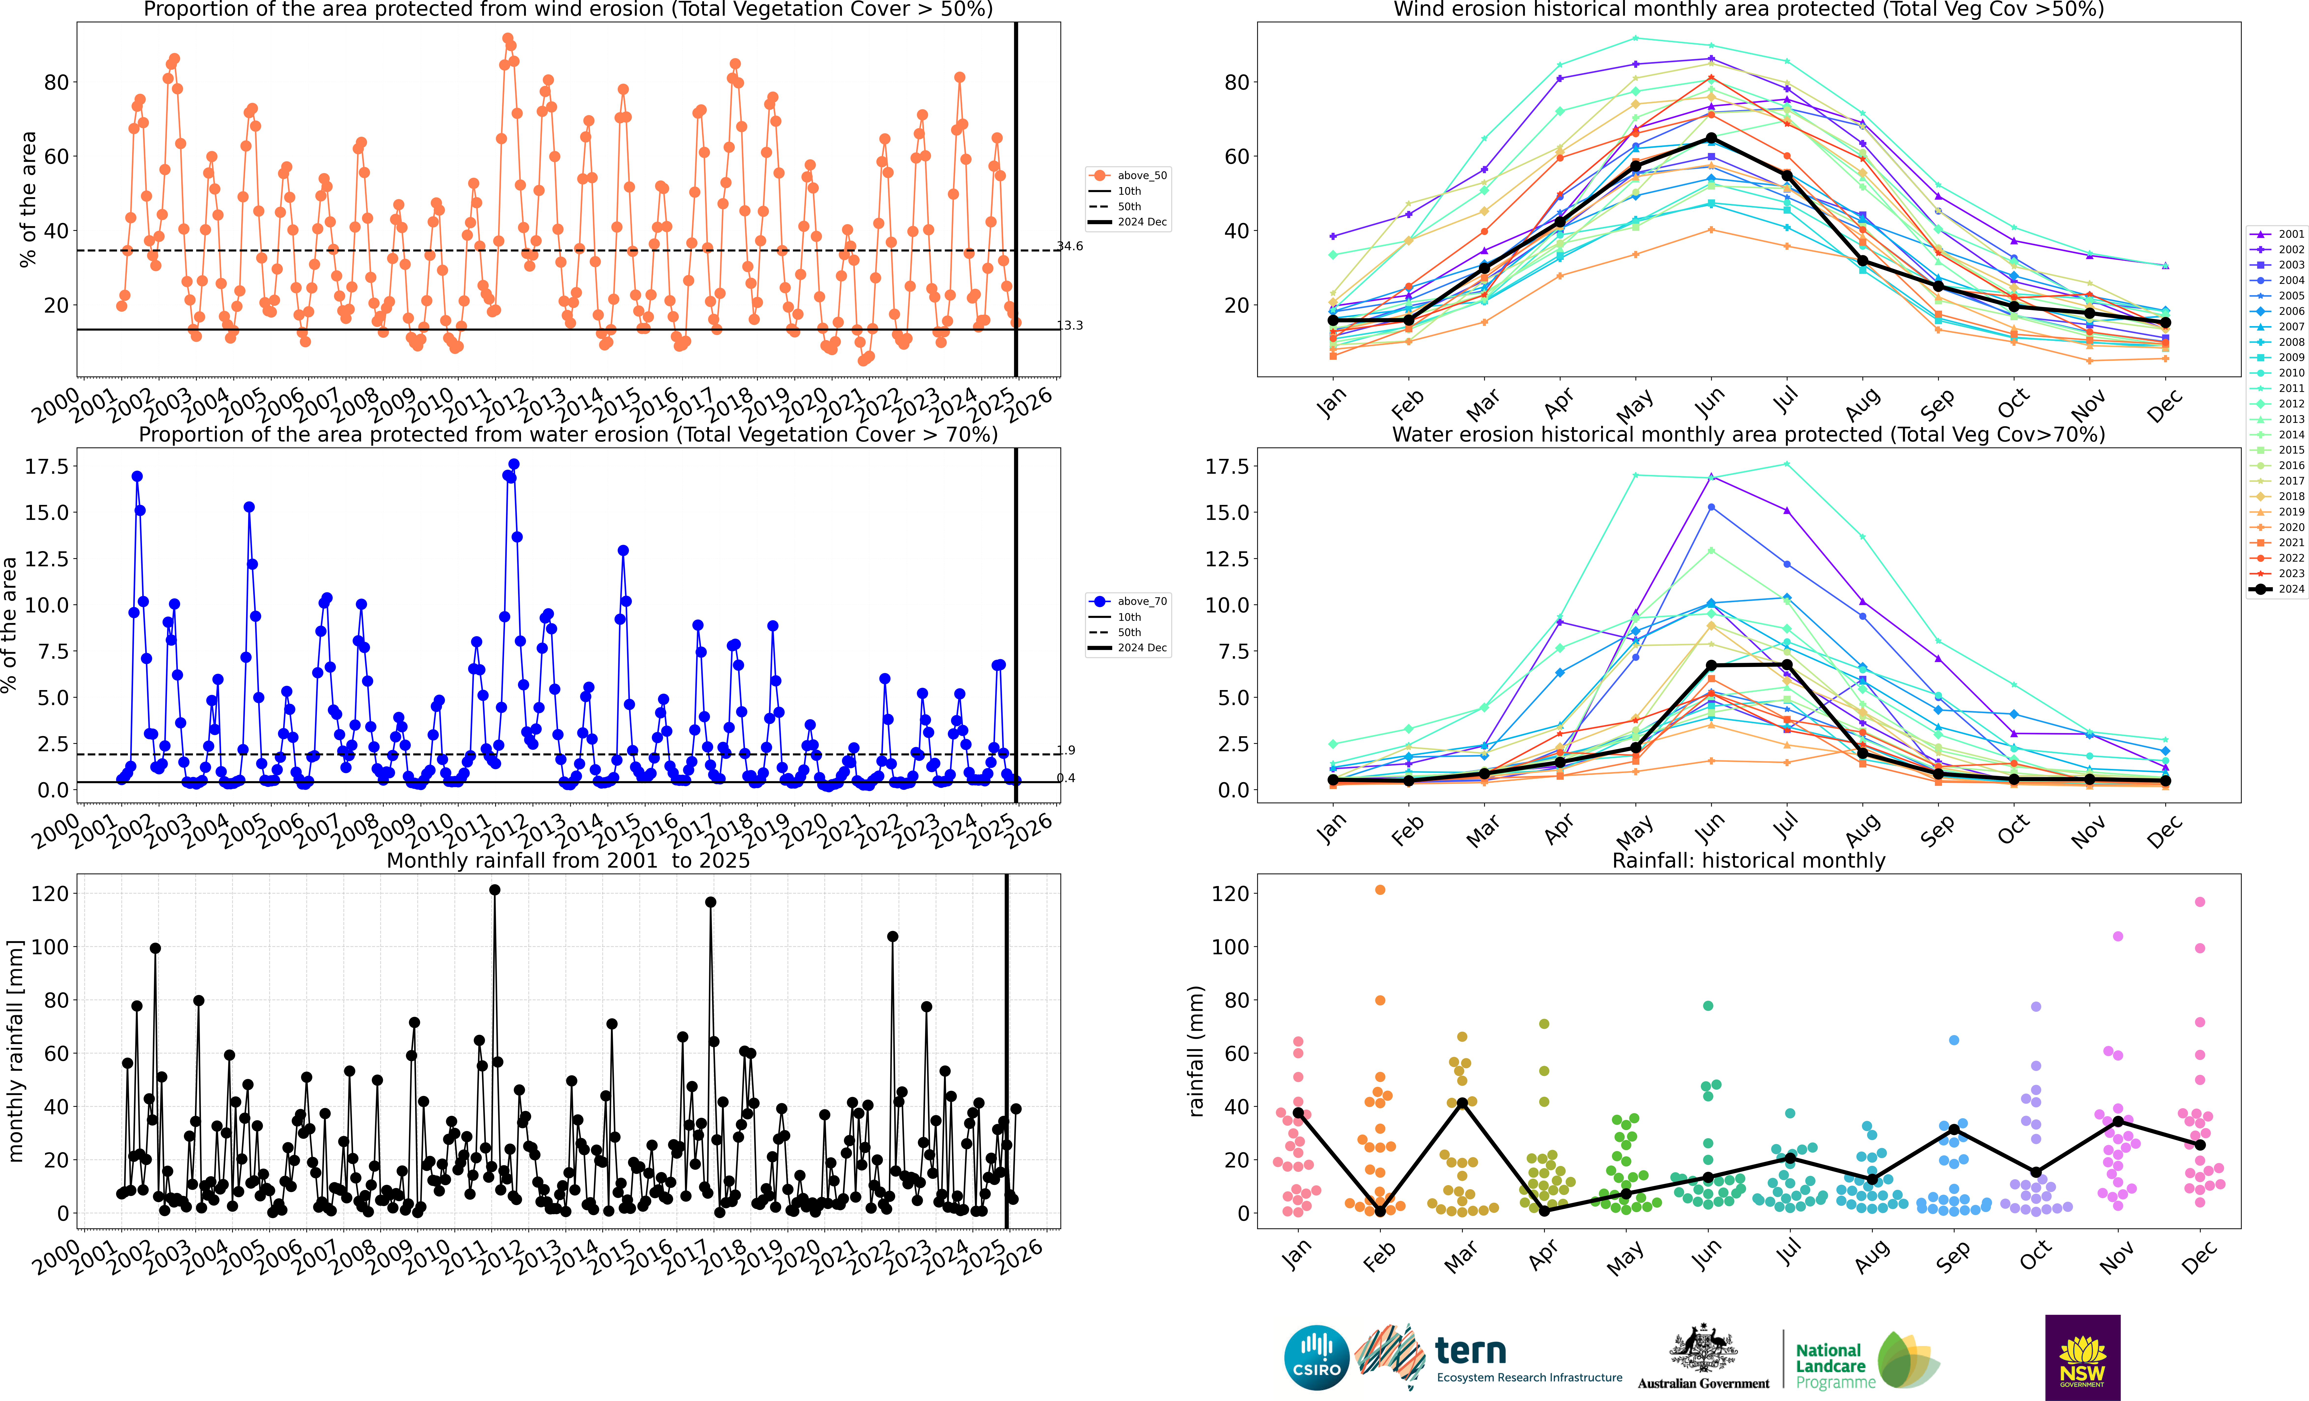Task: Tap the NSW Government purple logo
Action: [x=2082, y=1357]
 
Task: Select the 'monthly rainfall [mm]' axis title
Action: [x=15, y=1052]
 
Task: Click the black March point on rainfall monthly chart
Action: [x=1462, y=1103]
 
